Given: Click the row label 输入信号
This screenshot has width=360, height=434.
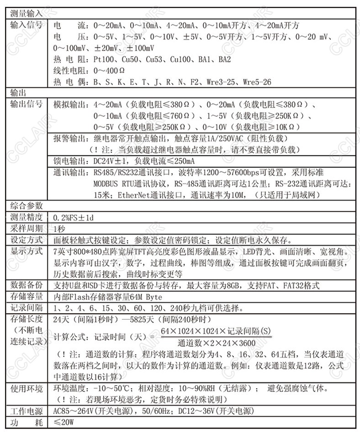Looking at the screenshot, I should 26,25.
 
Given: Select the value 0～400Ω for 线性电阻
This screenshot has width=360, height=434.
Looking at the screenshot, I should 109,71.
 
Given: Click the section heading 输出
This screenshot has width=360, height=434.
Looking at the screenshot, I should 18,93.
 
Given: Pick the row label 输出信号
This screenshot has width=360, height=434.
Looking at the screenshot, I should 26,104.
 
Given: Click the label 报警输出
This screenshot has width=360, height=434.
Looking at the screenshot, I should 69,138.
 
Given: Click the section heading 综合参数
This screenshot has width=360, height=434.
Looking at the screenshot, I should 26,205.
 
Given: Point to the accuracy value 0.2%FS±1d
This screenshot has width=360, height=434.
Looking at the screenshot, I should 74,218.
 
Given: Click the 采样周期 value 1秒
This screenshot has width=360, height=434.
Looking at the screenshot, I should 58,229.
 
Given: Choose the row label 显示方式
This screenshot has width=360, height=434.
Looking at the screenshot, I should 26,251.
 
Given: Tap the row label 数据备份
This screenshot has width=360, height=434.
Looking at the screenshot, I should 26,285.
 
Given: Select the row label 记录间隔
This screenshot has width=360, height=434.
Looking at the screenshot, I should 26,307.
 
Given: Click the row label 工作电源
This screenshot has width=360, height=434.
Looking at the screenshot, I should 26,410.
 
